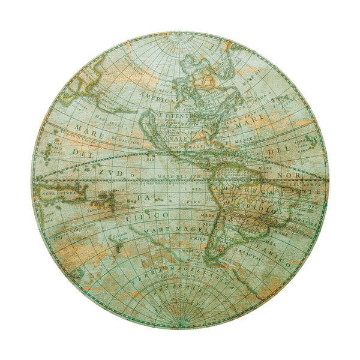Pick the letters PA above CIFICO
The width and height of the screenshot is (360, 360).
click(143, 196)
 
